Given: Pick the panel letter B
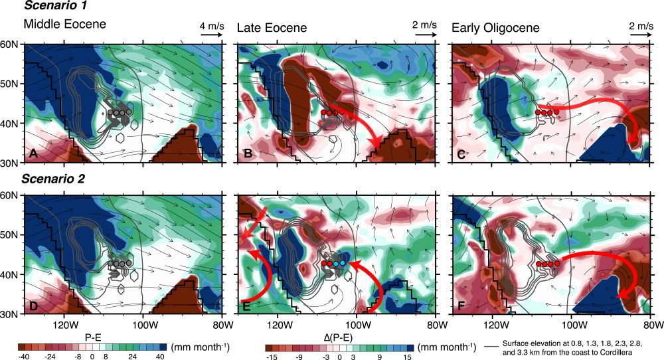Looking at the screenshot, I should point(246,154).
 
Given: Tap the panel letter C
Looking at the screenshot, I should point(460,154).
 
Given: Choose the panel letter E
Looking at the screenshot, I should point(246,306).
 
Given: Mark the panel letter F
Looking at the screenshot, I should point(460,306).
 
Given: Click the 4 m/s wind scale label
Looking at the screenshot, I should point(210,25).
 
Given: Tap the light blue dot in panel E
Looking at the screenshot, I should point(342,264).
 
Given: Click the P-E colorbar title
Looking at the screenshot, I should point(92,337).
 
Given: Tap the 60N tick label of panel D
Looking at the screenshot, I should point(11,195).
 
